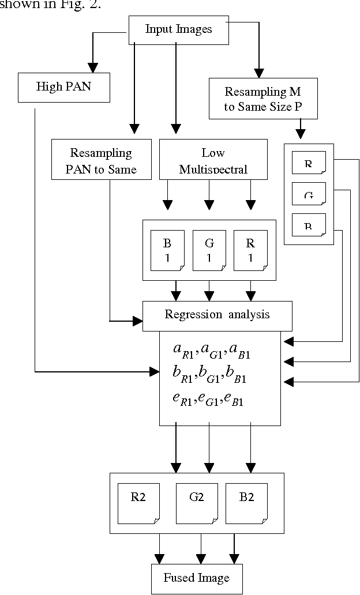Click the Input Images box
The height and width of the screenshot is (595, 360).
(x=178, y=29)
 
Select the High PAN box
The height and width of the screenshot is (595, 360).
(x=63, y=87)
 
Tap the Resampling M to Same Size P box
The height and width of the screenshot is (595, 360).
(x=262, y=99)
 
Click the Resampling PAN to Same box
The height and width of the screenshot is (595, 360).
(x=101, y=160)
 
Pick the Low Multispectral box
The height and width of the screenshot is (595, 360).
(x=213, y=160)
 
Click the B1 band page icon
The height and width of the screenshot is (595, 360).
(x=167, y=250)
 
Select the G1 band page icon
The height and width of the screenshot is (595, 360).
(x=209, y=250)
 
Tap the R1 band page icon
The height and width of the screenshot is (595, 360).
(x=250, y=250)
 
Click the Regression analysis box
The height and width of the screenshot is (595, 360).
(x=217, y=315)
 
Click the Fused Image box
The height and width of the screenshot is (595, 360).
(x=196, y=578)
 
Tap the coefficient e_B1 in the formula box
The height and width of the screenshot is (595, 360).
(x=234, y=399)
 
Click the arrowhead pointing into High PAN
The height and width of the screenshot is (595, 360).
(x=90, y=65)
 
